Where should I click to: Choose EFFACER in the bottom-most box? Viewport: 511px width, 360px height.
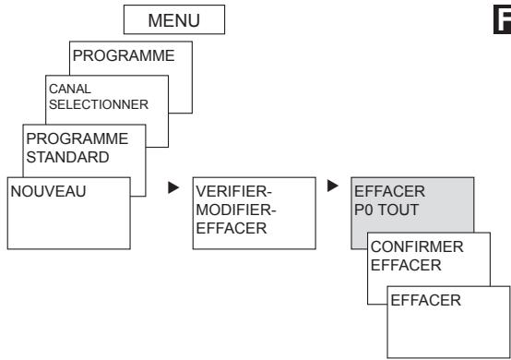point(424,300)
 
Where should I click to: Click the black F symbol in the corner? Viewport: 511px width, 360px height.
point(501,18)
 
